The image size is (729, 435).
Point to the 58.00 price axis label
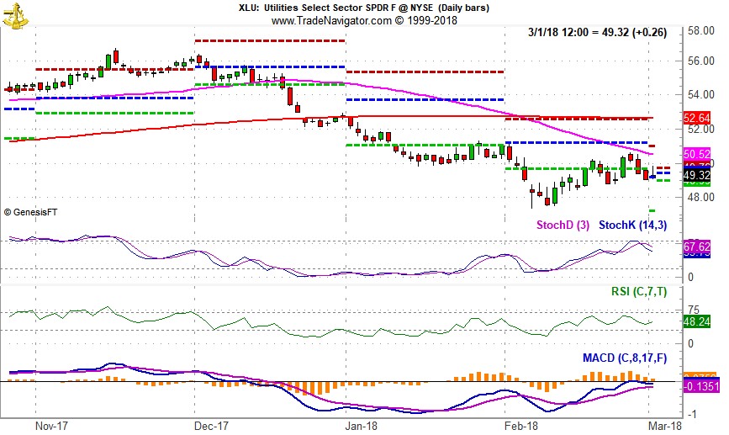coord(700,30)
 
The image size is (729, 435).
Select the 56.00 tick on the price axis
coord(700,61)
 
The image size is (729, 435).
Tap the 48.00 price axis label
coord(700,197)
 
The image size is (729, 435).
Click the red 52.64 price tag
coord(698,119)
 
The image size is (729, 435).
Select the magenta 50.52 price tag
coord(698,155)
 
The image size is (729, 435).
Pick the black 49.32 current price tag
coord(698,175)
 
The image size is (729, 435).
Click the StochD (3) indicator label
coord(563,225)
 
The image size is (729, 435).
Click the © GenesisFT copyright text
coord(37,212)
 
